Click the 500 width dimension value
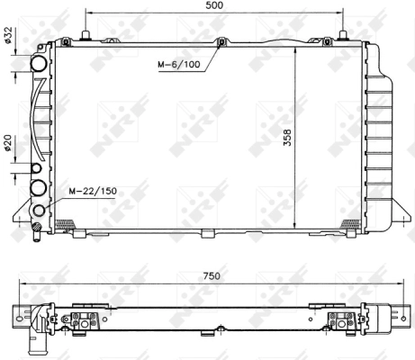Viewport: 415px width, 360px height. [212, 6]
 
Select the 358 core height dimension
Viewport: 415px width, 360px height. [287, 137]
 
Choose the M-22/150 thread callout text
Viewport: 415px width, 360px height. [93, 192]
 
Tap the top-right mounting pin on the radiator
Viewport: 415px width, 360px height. [343, 36]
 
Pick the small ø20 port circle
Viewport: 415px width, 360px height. [37, 168]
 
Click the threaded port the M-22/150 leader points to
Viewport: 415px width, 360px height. [40, 212]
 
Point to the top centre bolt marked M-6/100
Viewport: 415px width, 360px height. [221, 41]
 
